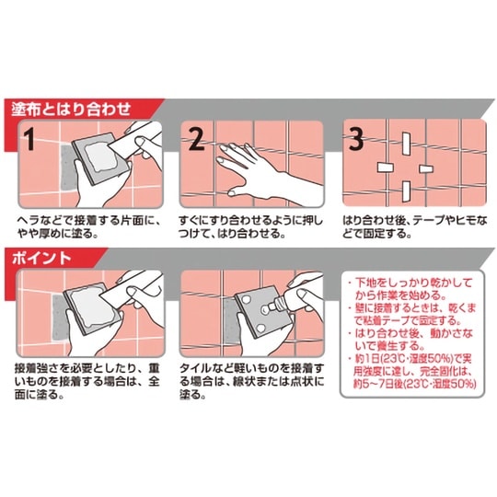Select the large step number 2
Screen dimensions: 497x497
(195, 140)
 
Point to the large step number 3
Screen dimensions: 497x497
(357, 140)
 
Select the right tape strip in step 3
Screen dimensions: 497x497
(424, 168)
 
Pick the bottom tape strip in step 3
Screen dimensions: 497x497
(404, 191)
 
